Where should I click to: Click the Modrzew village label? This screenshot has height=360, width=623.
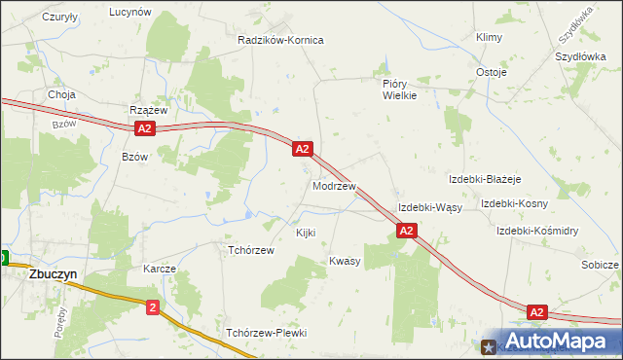[334, 185]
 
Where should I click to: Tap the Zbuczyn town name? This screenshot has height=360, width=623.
[39, 274]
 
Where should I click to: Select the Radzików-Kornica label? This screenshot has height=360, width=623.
[280, 41]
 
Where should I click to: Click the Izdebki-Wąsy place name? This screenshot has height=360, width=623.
[429, 208]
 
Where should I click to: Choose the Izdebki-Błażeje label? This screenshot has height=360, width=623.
[486, 180]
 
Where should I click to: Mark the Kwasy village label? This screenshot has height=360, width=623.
[345, 261]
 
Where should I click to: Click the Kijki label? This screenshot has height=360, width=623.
[305, 234]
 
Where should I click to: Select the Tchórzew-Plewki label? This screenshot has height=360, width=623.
[266, 333]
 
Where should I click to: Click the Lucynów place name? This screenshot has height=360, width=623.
[130, 12]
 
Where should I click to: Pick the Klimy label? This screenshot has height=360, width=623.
[488, 37]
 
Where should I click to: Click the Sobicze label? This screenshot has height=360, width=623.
[600, 265]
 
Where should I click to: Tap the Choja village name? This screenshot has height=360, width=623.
[62, 95]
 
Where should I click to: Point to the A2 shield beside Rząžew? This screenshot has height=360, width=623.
[144, 128]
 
